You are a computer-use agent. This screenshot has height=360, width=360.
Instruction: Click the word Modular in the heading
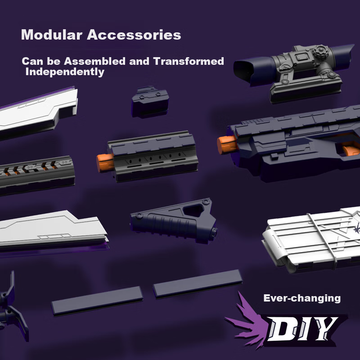(x=52, y=35)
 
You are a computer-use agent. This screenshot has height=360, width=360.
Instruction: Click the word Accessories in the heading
(x=134, y=35)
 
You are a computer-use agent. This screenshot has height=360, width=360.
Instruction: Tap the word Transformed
(x=189, y=61)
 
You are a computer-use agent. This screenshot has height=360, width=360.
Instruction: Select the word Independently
(x=65, y=72)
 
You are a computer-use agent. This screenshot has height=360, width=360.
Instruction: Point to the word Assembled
(x=95, y=61)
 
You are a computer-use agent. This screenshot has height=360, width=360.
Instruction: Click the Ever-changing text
(x=302, y=298)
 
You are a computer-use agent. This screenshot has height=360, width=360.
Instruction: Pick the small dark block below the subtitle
(x=150, y=102)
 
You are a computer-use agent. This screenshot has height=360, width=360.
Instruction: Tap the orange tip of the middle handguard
(x=105, y=162)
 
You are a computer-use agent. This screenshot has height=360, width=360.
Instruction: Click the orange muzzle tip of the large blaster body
(x=227, y=144)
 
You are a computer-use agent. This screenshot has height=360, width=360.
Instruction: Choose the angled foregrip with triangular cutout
(x=174, y=221)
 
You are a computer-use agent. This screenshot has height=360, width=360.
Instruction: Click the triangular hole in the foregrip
(x=193, y=211)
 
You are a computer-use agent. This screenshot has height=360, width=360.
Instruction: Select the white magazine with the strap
(x=311, y=240)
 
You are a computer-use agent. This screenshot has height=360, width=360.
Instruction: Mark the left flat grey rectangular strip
(x=97, y=301)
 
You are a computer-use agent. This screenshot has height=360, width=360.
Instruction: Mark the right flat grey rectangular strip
(x=198, y=284)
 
